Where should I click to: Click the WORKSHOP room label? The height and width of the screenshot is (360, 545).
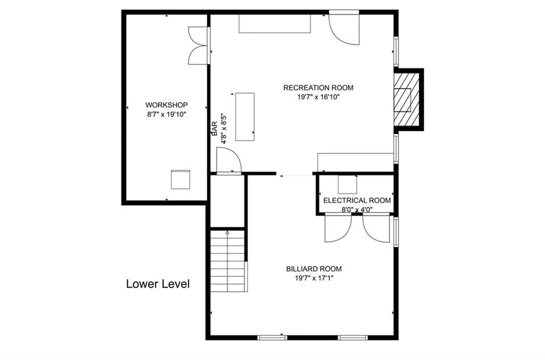166,105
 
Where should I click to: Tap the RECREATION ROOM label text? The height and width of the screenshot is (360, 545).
318,88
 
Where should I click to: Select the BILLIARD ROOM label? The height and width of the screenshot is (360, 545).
313,269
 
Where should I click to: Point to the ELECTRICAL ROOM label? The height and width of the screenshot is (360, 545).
357,201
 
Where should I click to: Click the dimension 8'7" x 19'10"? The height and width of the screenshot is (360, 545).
166,114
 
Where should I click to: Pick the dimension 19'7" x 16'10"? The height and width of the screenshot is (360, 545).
318,97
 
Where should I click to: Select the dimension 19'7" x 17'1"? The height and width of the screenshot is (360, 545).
313,278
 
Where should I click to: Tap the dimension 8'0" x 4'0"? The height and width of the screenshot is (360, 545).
357,209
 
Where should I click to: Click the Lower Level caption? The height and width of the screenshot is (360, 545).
158,284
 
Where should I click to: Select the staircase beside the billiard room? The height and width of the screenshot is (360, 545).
228,261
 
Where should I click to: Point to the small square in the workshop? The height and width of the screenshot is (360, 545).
180,179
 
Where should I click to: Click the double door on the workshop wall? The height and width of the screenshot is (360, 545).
198,46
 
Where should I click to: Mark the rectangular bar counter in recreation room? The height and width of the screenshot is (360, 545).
245,117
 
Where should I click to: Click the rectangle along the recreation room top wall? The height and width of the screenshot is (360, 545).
274,24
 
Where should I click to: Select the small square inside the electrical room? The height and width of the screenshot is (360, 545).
348,184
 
